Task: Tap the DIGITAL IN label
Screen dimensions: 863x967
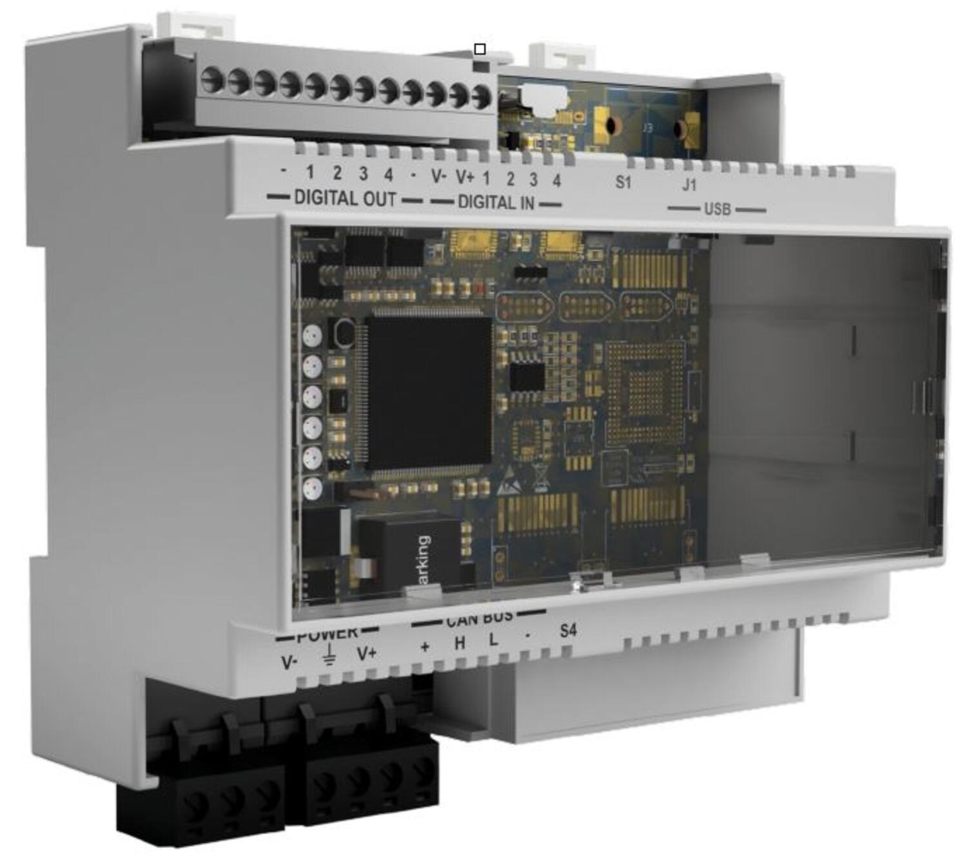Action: pyautogui.click(x=496, y=203)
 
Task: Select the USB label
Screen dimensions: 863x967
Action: pyautogui.click(x=717, y=209)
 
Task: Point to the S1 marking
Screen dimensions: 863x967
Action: pyautogui.click(x=623, y=182)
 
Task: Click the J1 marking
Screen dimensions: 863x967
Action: pyautogui.click(x=689, y=185)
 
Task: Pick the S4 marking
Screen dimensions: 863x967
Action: pyautogui.click(x=568, y=630)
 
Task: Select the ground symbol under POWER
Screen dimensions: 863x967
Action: pyautogui.click(x=329, y=654)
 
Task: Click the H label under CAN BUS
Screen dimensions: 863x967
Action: pyautogui.click(x=460, y=643)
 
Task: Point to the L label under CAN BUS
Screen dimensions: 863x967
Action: pyautogui.click(x=493, y=640)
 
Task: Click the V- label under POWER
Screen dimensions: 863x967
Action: pyautogui.click(x=289, y=662)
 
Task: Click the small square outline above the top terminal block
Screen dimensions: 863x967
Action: pyautogui.click(x=479, y=49)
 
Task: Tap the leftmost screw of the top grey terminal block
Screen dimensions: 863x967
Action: pyautogui.click(x=211, y=81)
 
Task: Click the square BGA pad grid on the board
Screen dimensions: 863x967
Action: pyautogui.click(x=645, y=393)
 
